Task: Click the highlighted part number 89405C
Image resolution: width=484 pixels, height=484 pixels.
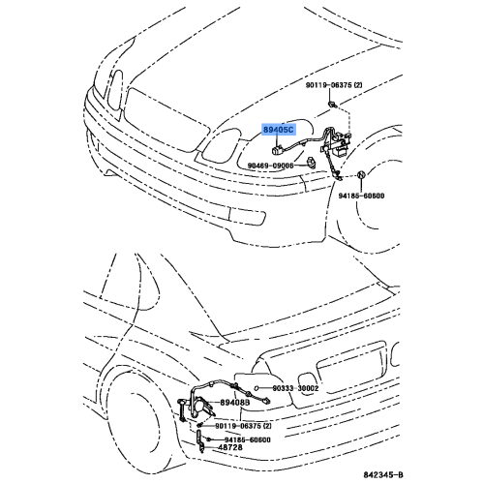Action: pos(280,128)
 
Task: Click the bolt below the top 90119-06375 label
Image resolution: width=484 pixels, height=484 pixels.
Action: pos(333,102)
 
